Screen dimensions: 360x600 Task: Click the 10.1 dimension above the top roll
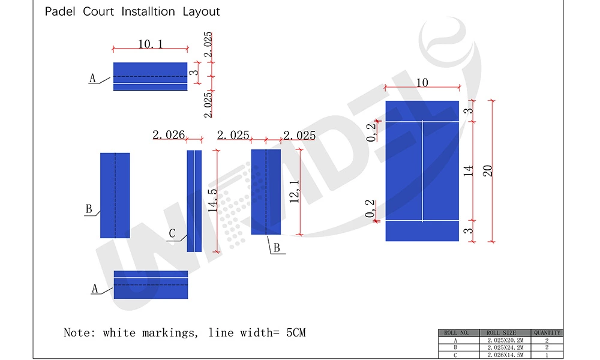click(151, 44)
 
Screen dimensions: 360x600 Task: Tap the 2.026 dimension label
click(169, 135)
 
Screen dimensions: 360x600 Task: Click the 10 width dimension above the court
click(422, 82)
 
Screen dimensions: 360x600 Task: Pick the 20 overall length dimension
click(487, 170)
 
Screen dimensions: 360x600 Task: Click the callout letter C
click(172, 234)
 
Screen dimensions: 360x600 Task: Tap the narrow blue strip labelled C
click(194, 200)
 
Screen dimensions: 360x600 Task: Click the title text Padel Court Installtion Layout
click(132, 11)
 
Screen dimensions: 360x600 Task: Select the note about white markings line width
click(185, 332)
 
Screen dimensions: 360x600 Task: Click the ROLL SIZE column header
click(500, 332)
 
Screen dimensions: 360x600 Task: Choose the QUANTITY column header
click(547, 332)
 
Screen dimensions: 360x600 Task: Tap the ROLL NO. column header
click(457, 332)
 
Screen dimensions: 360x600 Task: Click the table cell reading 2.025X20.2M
click(500, 340)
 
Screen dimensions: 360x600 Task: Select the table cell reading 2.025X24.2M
click(500, 347)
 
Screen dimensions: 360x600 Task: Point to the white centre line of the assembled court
click(422, 171)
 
